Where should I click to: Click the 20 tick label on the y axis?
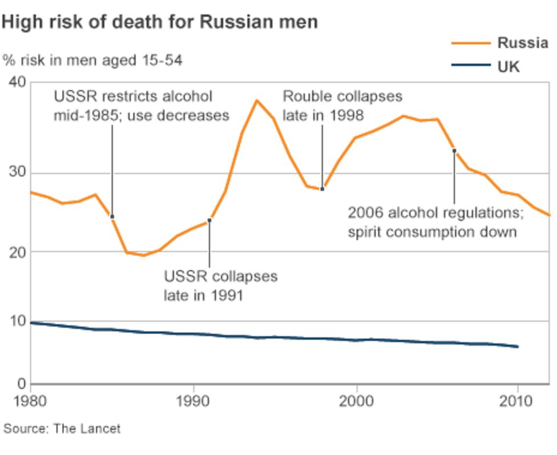(18, 252)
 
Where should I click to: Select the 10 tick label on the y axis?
(18, 321)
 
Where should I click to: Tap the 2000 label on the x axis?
(356, 400)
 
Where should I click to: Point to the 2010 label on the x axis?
(518, 400)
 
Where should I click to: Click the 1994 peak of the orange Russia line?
(257, 100)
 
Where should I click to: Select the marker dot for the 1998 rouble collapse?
(322, 189)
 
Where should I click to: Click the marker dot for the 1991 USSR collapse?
(209, 220)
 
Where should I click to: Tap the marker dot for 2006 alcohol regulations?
(454, 151)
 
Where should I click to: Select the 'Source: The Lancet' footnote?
(62, 428)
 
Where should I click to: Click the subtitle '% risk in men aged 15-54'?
(92, 60)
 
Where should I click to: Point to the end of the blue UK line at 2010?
(517, 347)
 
